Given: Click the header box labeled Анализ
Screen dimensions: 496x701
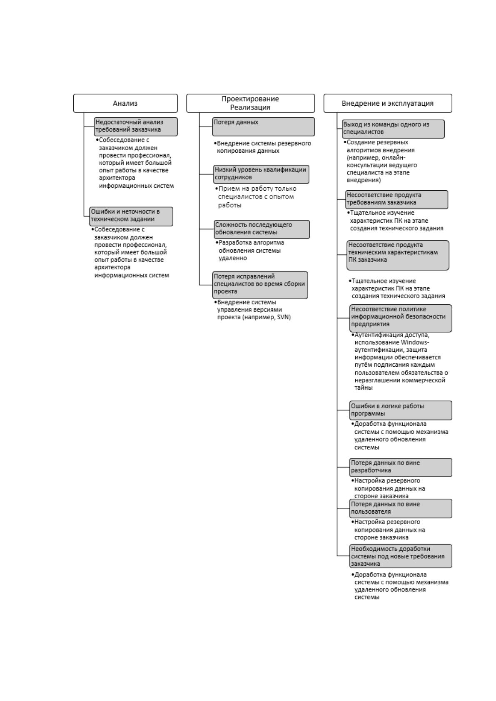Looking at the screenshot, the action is pyautogui.click(x=125, y=103).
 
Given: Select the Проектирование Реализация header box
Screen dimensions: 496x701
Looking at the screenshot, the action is pyautogui.click(x=251, y=103).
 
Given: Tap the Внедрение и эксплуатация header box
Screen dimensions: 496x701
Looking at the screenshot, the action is pyautogui.click(x=388, y=103).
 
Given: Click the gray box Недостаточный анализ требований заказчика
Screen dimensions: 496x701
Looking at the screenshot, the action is pyautogui.click(x=136, y=127).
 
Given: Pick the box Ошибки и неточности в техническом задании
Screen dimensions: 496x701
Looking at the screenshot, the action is pyautogui.click(x=131, y=216).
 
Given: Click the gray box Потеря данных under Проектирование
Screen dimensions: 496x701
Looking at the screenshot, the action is pyautogui.click(x=263, y=127).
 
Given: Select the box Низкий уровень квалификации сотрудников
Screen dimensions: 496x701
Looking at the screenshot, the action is pyautogui.click(x=261, y=174).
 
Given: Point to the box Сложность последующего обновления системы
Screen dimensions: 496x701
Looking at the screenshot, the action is pyautogui.click(x=262, y=229).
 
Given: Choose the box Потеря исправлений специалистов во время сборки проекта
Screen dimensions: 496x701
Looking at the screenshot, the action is pyautogui.click(x=260, y=285).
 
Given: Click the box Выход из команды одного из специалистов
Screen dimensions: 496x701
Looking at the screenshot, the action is pyautogui.click(x=393, y=129).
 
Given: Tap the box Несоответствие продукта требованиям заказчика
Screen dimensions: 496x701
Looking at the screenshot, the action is pyautogui.click(x=397, y=199).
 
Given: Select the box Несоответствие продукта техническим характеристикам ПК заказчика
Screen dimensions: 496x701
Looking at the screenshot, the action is pyautogui.click(x=398, y=255).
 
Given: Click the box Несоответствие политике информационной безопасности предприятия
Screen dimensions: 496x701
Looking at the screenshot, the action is pyautogui.click(x=401, y=318).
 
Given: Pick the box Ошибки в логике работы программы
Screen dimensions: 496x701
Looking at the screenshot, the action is pyautogui.click(x=401, y=410).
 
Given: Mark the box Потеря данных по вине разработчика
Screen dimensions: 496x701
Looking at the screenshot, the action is pyautogui.click(x=401, y=467).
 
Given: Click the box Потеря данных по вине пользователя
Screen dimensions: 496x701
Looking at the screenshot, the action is pyautogui.click(x=401, y=509).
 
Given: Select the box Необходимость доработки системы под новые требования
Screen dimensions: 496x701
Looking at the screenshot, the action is pyautogui.click(x=401, y=556).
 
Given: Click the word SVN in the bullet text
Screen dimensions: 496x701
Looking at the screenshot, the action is pyautogui.click(x=284, y=317).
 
